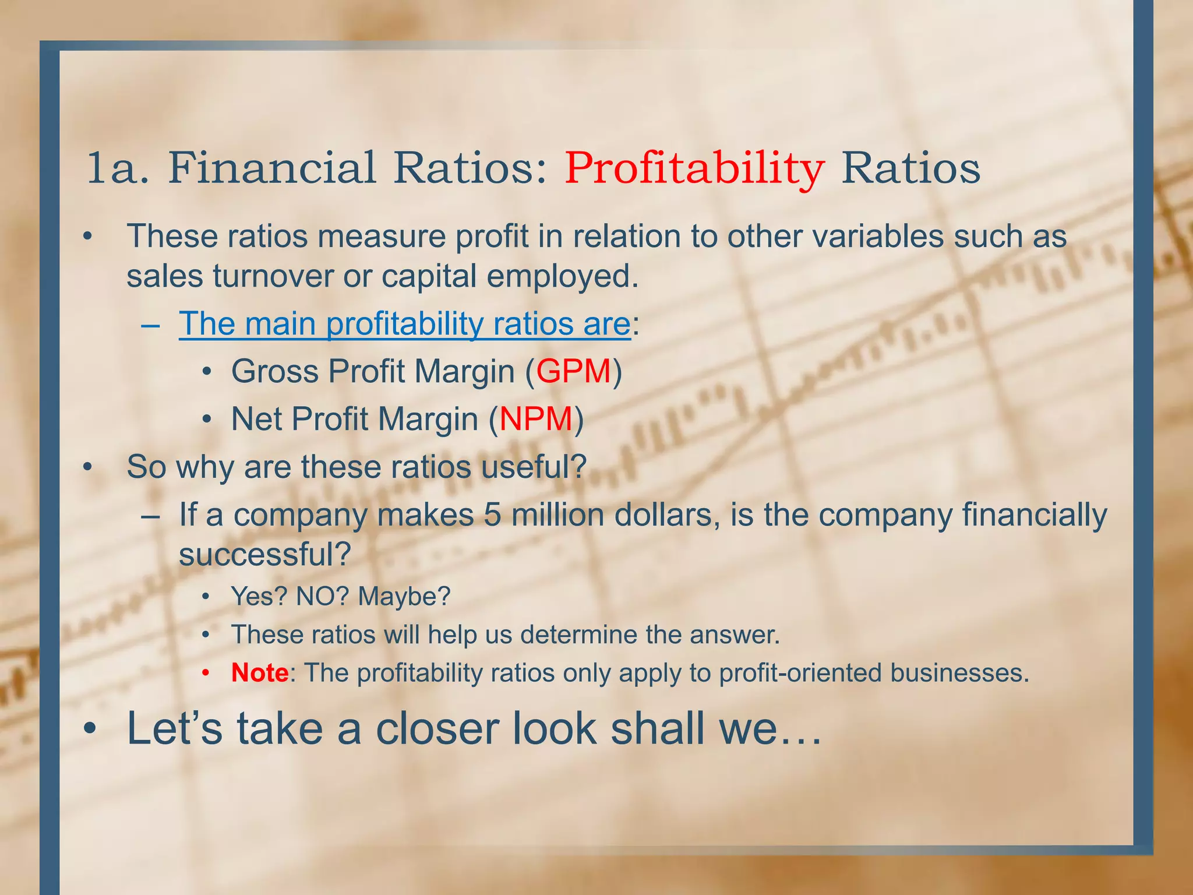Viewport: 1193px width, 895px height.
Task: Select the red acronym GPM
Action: (x=573, y=371)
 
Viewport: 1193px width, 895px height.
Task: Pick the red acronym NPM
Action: (x=536, y=419)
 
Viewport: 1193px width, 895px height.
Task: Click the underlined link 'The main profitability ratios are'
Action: (x=404, y=323)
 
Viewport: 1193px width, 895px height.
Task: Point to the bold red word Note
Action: (x=259, y=673)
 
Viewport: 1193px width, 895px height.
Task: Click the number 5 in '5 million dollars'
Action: (x=492, y=515)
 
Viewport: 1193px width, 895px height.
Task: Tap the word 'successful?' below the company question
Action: (x=264, y=555)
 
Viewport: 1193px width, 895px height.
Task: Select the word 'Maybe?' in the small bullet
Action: (x=404, y=596)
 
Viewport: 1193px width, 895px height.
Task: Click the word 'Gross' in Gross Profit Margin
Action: (x=274, y=371)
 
